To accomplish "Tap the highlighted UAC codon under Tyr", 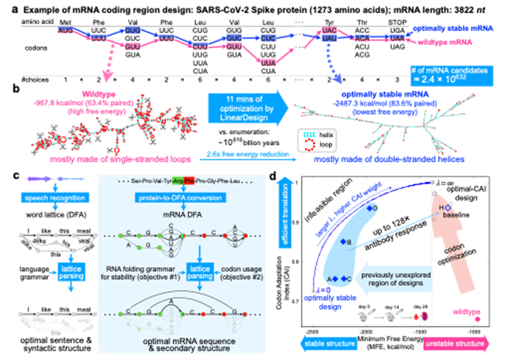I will point(329,29).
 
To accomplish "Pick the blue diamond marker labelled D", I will point(369,208).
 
